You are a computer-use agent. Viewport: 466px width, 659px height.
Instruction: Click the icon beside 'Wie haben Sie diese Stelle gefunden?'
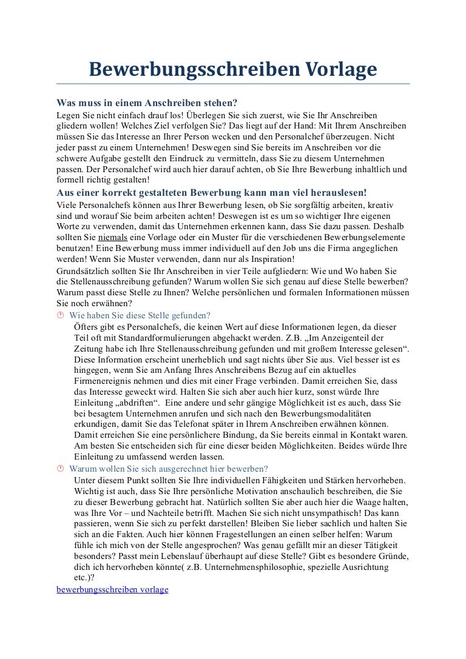(60, 315)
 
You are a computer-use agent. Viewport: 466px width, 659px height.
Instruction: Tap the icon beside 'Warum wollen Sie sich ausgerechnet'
(60, 469)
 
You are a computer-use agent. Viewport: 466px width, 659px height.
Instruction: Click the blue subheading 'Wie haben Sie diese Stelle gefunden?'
(140, 315)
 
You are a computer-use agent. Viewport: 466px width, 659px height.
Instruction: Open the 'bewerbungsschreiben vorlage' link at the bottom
(112, 589)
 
